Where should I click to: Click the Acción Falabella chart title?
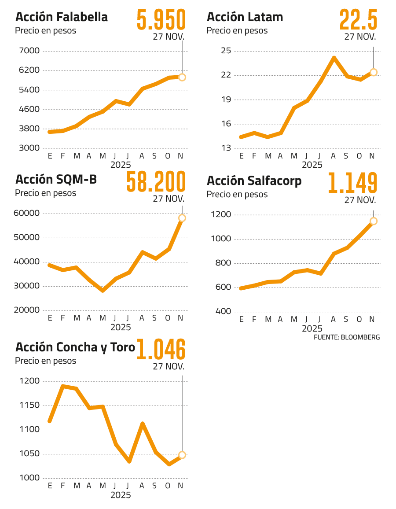point(62,18)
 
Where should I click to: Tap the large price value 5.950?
point(161,20)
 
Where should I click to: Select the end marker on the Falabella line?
point(182,77)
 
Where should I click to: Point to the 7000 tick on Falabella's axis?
point(29,51)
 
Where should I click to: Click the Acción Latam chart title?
point(245,18)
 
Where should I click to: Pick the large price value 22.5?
point(358,20)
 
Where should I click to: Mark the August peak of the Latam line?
point(334,58)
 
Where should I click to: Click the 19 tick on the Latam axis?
point(226,100)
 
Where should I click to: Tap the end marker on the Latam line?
point(374,72)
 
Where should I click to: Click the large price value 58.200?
point(156,182)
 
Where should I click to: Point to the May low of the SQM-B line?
point(103,291)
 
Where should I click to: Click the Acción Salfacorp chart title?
point(254,181)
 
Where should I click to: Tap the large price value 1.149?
point(352,183)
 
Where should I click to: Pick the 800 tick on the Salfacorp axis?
point(224,263)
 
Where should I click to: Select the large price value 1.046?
point(161,349)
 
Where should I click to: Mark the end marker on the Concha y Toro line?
point(182,455)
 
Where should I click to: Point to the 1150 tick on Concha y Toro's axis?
point(29,406)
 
